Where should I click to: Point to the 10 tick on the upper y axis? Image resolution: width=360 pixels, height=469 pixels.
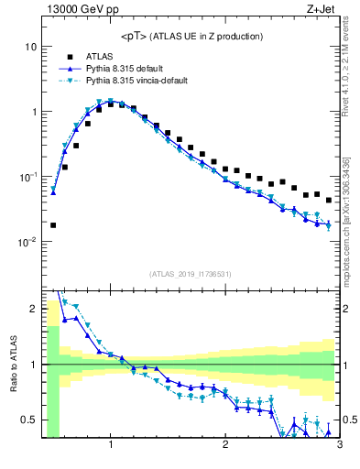[x=30, y=47]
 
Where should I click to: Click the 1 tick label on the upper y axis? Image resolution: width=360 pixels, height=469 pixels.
[x=33, y=112]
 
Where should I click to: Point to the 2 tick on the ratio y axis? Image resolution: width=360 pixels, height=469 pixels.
[x=33, y=309]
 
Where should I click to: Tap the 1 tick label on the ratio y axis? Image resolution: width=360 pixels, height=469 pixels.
[x=33, y=365]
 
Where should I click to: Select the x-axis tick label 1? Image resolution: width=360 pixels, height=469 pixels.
[x=111, y=446]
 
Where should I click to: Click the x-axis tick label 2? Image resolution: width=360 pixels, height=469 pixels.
[x=225, y=446]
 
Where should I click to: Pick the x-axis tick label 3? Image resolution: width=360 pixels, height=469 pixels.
[x=339, y=446]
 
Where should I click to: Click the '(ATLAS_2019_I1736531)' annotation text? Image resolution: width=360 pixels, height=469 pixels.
[x=190, y=274]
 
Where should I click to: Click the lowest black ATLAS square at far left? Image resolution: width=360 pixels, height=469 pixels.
[x=53, y=224]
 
